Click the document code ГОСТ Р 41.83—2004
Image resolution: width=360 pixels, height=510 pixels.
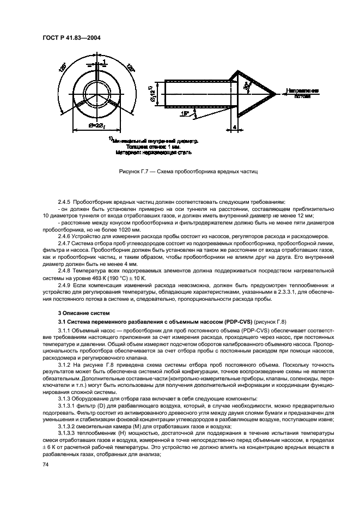tap(71, 38)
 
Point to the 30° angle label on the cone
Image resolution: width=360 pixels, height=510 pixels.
tap(247, 86)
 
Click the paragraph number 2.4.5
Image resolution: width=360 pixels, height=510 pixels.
tap(66, 202)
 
